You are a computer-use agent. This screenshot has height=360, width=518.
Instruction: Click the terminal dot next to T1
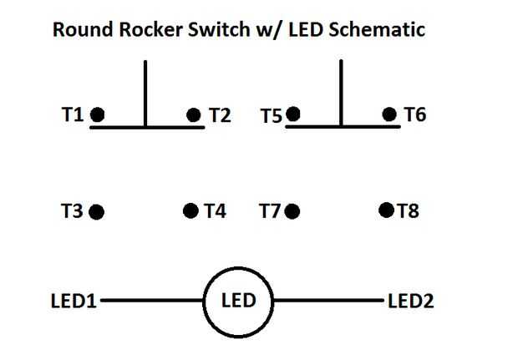tap(98, 114)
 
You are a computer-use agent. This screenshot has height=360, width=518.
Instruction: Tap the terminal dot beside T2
tap(194, 115)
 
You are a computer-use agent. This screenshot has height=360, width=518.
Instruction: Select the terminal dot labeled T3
tap(97, 212)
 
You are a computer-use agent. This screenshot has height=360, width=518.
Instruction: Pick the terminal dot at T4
tap(190, 210)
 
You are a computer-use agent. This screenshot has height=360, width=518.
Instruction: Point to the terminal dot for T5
tap(293, 114)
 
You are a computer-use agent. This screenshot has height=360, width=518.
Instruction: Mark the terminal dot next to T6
tap(389, 114)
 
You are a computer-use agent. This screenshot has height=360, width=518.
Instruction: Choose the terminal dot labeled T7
tap(292, 211)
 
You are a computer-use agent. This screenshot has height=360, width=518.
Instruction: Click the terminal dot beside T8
tap(387, 210)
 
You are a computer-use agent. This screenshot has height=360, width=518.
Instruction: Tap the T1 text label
tap(73, 114)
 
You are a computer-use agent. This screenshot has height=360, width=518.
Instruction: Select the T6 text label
tap(415, 114)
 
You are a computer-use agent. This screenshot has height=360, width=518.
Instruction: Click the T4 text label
tap(215, 210)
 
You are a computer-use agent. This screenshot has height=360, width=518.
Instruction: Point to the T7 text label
tap(270, 211)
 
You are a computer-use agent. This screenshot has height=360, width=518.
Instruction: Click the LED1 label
tap(74, 301)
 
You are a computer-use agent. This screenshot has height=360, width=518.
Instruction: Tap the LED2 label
tap(410, 301)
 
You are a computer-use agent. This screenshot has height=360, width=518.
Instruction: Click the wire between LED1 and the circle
tap(152, 300)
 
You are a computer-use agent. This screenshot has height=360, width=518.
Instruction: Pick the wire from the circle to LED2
tap(328, 300)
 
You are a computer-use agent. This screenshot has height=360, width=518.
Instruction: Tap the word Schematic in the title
tap(377, 29)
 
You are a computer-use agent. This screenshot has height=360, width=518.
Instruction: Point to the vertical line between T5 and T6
tap(341, 93)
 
